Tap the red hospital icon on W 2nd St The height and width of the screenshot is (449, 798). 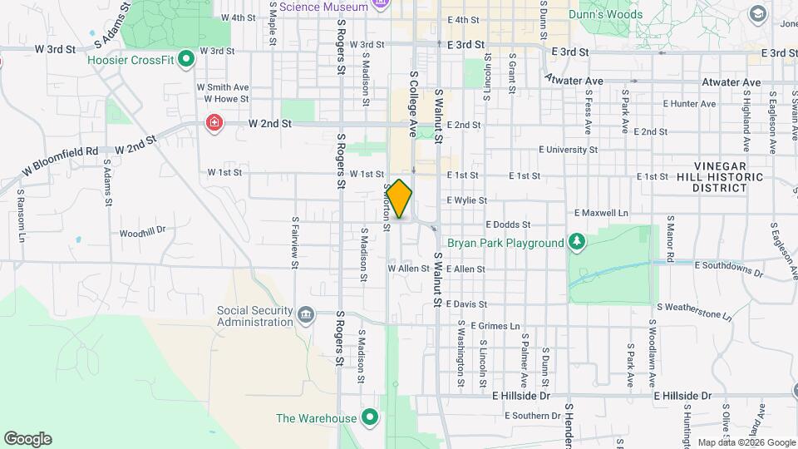(214, 124)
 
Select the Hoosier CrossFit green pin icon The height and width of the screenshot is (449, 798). (186, 59)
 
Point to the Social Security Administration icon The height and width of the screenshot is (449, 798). (306, 315)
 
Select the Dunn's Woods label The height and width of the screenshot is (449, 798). (605, 14)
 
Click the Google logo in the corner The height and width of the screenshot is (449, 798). (27, 439)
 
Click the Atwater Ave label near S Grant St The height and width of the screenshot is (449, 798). (574, 81)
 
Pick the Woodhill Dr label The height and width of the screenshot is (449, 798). (143, 233)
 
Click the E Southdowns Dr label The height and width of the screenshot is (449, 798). (730, 269)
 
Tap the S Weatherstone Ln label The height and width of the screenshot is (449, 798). (694, 312)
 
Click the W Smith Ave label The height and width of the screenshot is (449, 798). (223, 86)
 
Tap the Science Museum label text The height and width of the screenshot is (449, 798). (323, 7)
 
